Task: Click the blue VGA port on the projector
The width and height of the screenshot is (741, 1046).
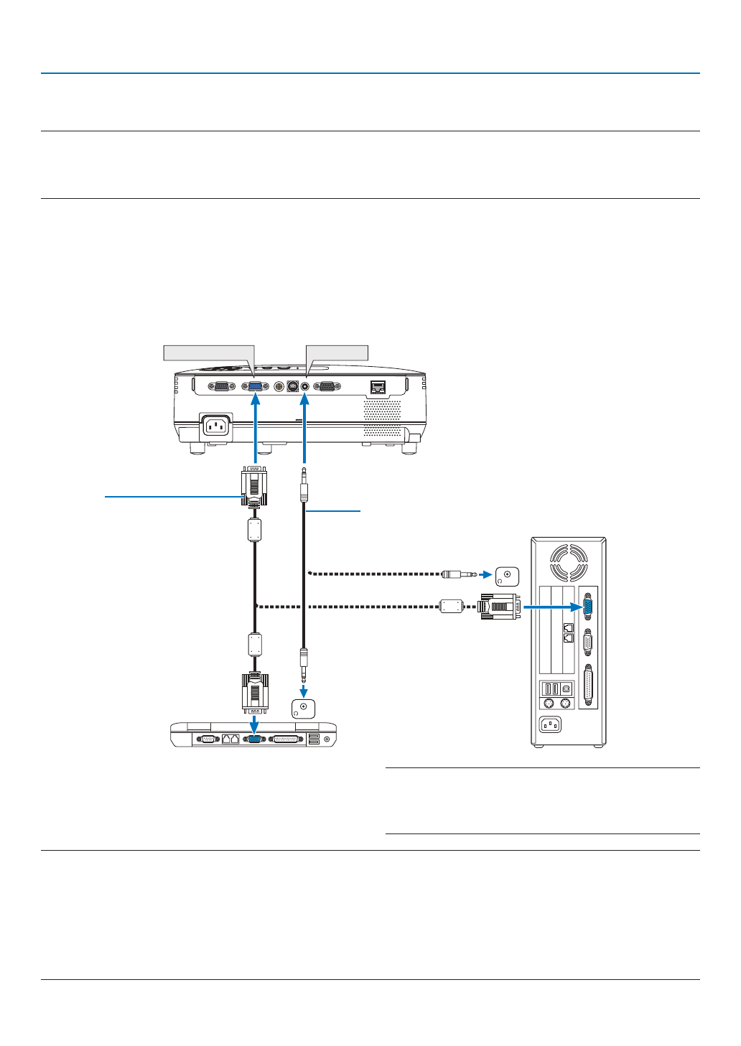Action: pos(255,386)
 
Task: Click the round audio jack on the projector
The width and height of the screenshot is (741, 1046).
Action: pos(305,386)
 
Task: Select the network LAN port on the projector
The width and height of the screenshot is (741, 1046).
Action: pos(378,388)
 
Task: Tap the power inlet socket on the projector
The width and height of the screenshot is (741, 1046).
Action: pos(215,426)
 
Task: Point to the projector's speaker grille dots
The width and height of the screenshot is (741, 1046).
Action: pos(382,418)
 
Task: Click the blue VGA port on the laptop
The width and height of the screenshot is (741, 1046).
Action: pos(254,739)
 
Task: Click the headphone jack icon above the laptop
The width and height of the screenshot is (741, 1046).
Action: pos(303,709)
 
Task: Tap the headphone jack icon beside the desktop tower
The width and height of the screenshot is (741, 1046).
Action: pos(507,576)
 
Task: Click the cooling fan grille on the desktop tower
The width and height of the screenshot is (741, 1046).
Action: pos(568,562)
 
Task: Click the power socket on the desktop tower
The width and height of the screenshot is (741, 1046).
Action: pos(550,725)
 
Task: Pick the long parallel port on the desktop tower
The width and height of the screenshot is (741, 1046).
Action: pos(589,685)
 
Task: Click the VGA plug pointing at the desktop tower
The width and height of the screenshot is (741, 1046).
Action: pos(500,607)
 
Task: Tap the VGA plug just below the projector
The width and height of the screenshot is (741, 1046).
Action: pos(254,486)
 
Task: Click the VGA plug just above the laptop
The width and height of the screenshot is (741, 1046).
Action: pos(255,692)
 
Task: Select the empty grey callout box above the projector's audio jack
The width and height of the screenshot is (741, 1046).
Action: pos(337,352)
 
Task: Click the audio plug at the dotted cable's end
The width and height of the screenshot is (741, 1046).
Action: pos(460,574)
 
